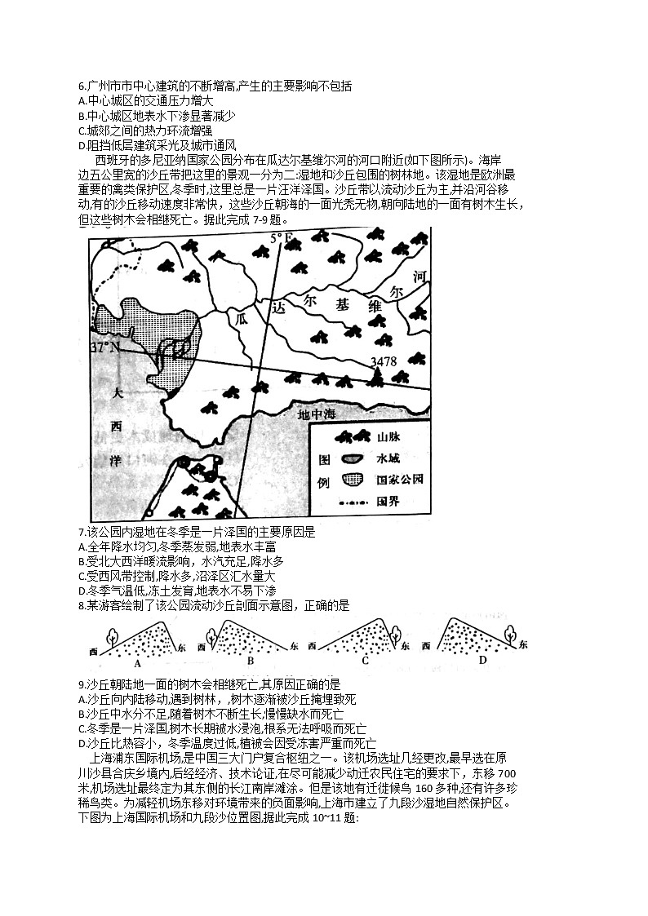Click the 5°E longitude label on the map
click(282, 238)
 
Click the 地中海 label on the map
click(316, 415)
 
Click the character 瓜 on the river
click(240, 318)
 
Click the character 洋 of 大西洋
click(115, 461)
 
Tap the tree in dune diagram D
click(512, 633)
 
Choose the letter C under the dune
click(365, 662)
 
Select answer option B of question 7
click(81, 561)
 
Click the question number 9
click(80, 684)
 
